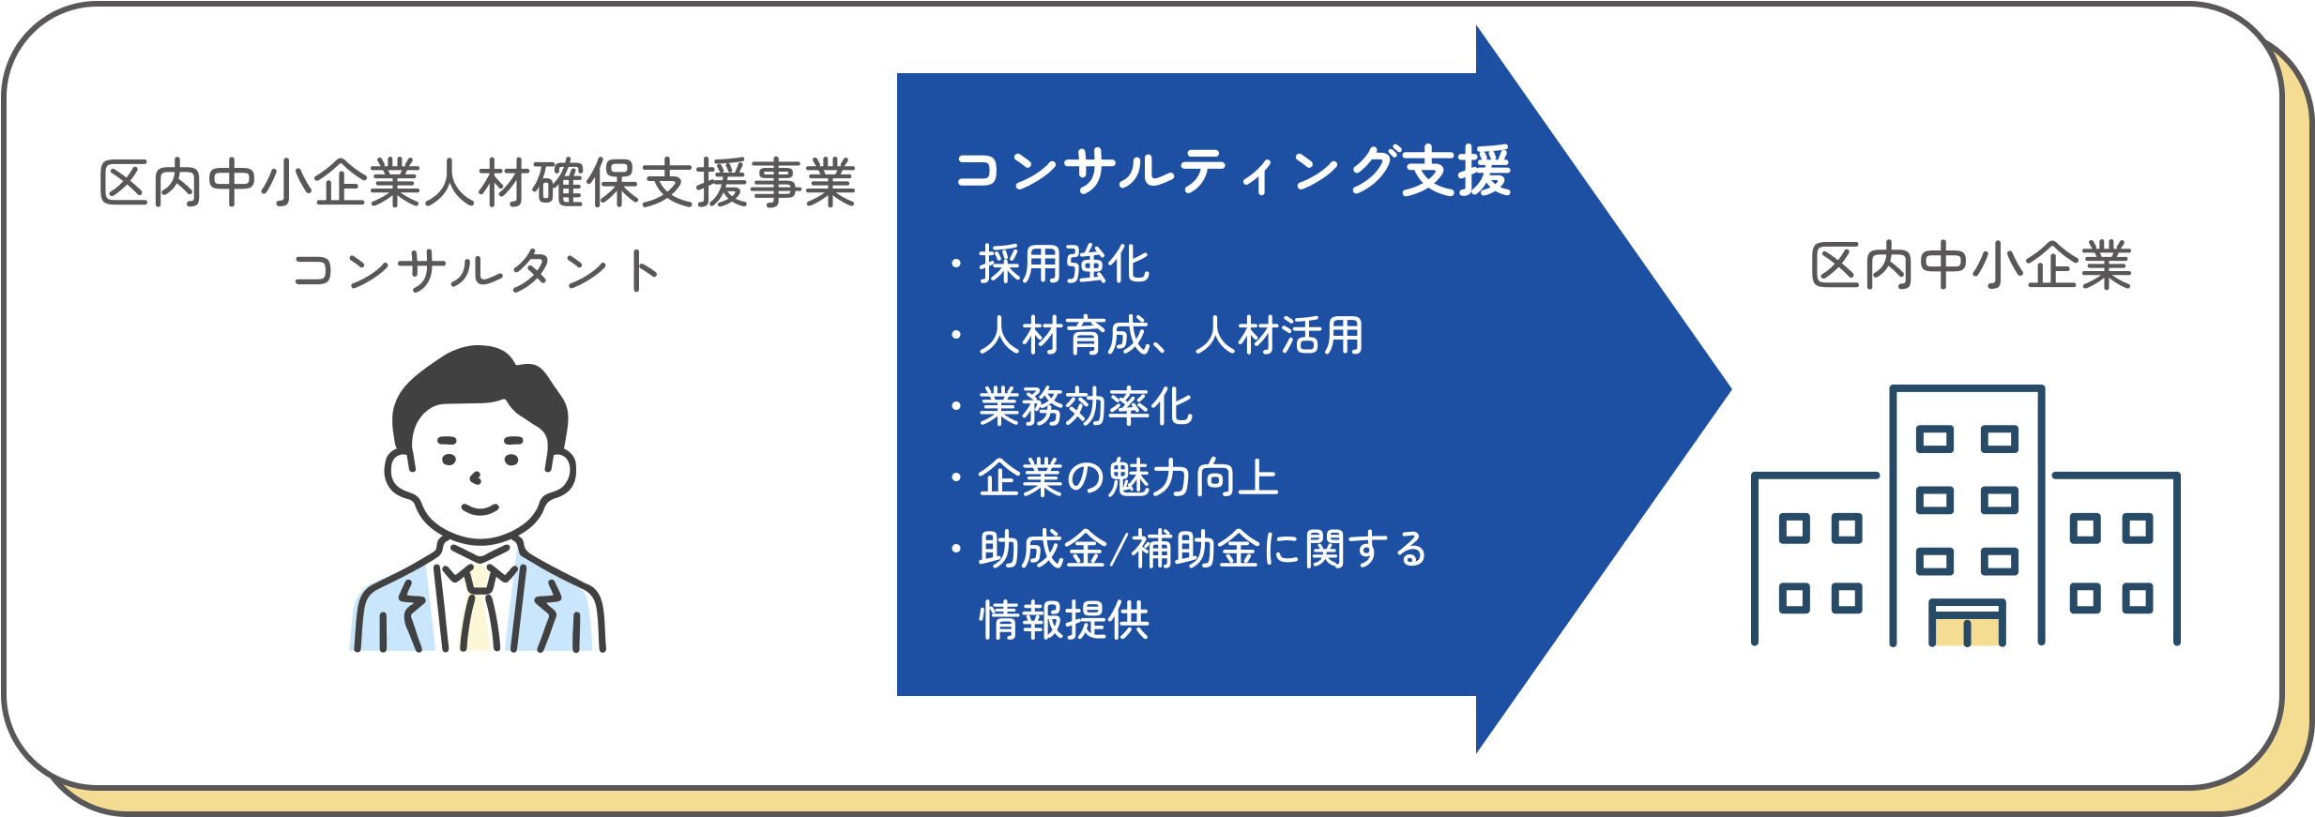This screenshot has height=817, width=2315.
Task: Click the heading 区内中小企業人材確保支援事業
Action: (x=478, y=183)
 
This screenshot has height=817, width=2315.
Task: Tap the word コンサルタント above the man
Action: (x=478, y=271)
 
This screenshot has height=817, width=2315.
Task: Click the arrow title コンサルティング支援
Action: (x=1233, y=171)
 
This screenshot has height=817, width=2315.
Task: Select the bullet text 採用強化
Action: (x=1064, y=264)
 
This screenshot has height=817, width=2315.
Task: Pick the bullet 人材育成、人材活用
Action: (x=1171, y=335)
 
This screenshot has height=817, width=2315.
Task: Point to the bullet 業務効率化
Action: (x=1086, y=406)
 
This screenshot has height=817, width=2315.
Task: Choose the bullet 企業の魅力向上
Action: (x=1128, y=477)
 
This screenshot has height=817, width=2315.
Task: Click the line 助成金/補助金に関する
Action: (x=1202, y=549)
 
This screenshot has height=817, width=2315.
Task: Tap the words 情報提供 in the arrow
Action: (x=1064, y=620)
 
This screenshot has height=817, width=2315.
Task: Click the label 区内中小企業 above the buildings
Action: (x=1971, y=266)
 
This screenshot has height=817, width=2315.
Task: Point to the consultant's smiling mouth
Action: (x=480, y=509)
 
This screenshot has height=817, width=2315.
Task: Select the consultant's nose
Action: (x=476, y=478)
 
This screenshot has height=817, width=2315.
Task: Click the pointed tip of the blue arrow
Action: (x=1730, y=388)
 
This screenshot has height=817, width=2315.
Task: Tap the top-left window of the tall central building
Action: (x=1935, y=439)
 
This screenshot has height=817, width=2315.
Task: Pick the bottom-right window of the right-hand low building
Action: (x=2138, y=598)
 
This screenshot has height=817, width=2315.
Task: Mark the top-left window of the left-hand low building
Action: (x=1794, y=529)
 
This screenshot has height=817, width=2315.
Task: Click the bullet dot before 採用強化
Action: (x=956, y=264)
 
